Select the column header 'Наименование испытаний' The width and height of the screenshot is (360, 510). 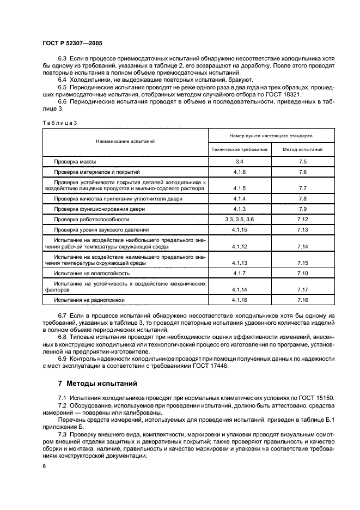pyautogui.click(x=125, y=141)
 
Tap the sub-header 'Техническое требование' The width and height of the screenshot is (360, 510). pyautogui.click(x=240, y=149)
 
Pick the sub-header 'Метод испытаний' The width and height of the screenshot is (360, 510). pyautogui.click(x=303, y=149)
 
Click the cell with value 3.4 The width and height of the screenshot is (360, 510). pyautogui.click(x=240, y=162)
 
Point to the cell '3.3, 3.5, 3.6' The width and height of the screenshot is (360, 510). pyautogui.click(x=240, y=219)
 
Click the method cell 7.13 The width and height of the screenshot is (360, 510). pyautogui.click(x=303, y=229)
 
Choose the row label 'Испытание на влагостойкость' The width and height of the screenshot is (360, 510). pyautogui.click(x=91, y=272)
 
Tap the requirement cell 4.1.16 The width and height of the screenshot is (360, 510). pyautogui.click(x=240, y=300)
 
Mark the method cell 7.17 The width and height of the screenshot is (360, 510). pyautogui.click(x=303, y=289)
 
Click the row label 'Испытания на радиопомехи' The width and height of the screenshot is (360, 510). pyautogui.click(x=89, y=300)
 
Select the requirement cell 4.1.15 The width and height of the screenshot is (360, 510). pyautogui.click(x=240, y=229)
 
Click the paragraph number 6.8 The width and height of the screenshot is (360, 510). pyautogui.click(x=63, y=338)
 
